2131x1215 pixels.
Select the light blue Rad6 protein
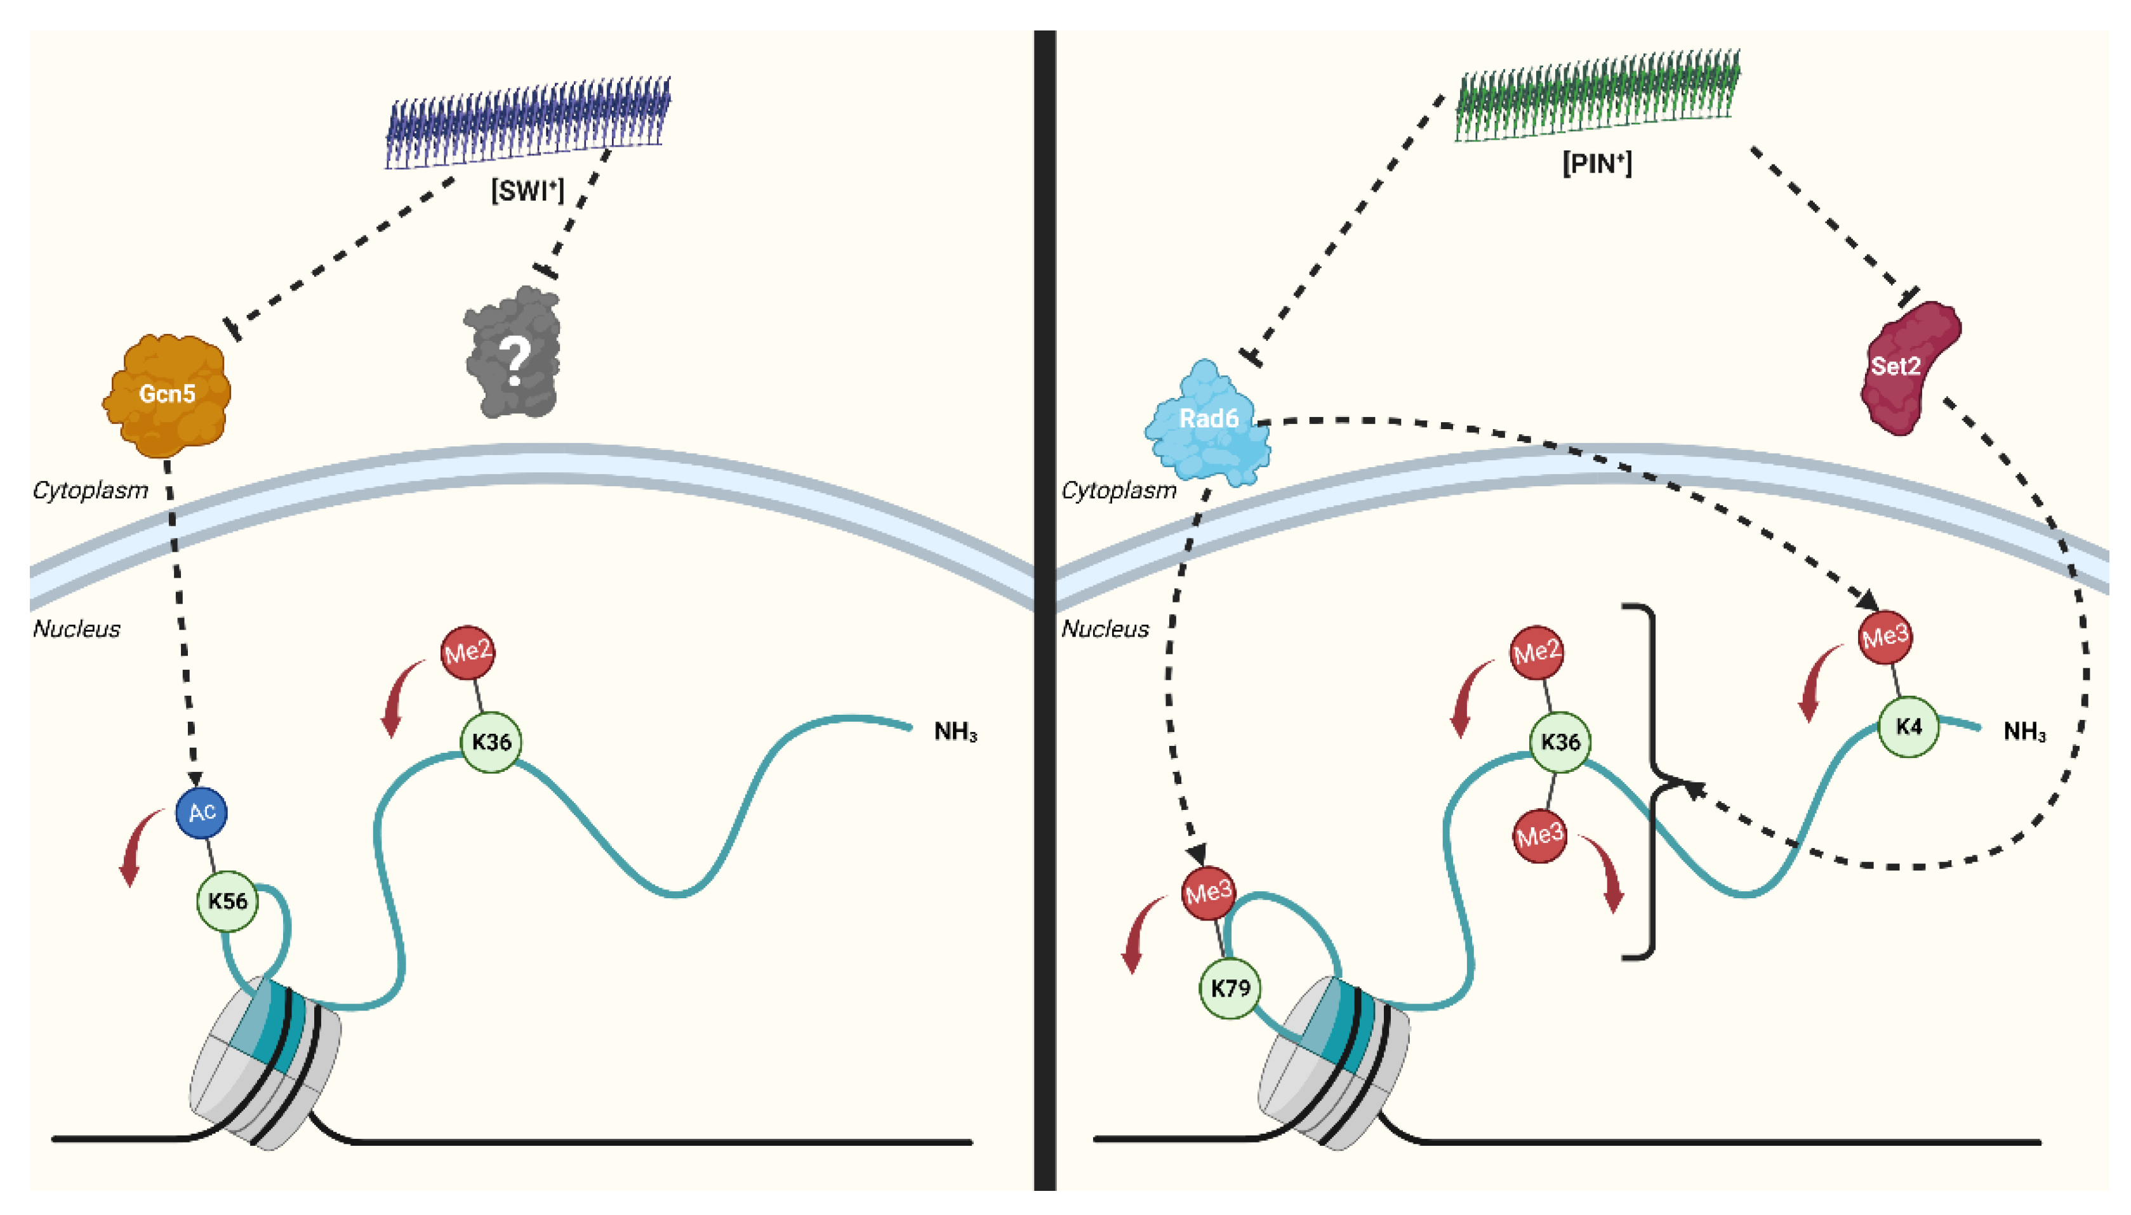(1207, 422)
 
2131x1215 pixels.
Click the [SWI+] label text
(528, 191)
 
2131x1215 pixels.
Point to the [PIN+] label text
(1596, 163)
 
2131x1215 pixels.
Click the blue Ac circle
(202, 812)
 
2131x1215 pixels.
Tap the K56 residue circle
(227, 901)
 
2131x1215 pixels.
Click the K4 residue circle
(1908, 727)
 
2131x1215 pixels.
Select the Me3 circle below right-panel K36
(1539, 835)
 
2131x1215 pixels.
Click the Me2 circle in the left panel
(467, 652)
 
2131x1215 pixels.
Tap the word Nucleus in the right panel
(1105, 629)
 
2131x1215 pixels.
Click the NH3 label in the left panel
(955, 732)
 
